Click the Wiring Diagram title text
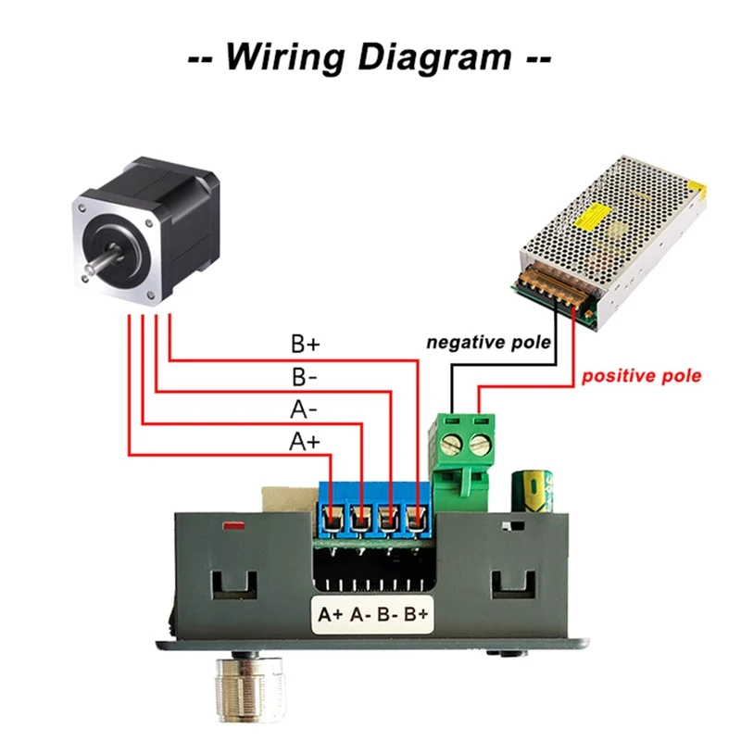[x=370, y=57]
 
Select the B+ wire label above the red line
[x=305, y=345]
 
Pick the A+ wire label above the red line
[x=305, y=442]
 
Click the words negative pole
[x=489, y=343]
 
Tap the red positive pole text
[x=641, y=376]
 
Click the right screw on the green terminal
[x=479, y=443]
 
